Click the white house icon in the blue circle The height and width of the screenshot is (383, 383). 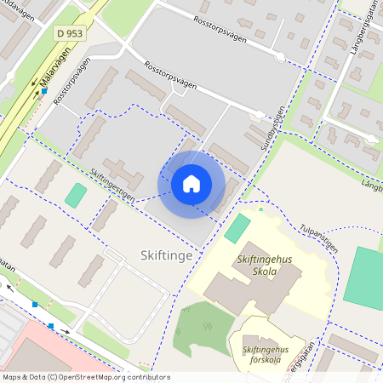click(x=191, y=184)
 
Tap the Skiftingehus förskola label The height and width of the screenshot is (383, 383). click(x=266, y=355)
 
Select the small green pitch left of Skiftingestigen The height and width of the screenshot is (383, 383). click(x=76, y=195)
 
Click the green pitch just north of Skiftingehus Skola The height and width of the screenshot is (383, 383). click(x=238, y=228)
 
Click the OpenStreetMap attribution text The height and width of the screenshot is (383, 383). click(x=85, y=377)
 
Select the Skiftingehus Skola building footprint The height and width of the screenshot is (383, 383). click(x=255, y=289)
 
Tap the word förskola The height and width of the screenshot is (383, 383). click(x=266, y=360)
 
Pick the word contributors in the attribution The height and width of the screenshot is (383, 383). click(x=146, y=377)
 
